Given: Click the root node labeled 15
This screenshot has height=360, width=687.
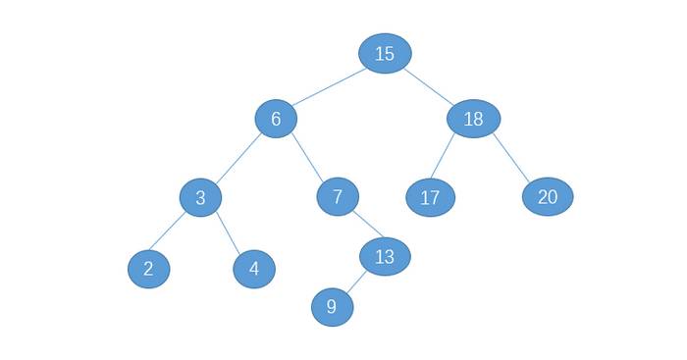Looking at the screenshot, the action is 385,53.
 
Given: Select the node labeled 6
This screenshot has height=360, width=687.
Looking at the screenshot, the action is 276,119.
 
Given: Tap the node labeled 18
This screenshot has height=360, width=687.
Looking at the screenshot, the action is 474,119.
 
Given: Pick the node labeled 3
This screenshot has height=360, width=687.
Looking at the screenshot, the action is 200,197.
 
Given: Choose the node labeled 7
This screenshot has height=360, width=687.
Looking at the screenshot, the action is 338,196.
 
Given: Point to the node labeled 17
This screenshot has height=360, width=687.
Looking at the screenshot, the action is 431,197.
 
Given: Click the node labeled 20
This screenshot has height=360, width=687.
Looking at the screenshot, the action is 548,196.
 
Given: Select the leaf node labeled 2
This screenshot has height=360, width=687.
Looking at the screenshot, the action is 149,269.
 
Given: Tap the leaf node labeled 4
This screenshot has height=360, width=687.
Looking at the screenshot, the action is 254,269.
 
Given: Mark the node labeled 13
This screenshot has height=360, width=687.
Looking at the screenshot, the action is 385,257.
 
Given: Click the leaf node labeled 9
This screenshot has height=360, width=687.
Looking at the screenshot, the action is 333,307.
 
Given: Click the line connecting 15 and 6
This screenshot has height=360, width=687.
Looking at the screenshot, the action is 329,87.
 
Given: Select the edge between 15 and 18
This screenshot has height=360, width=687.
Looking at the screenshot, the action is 429,86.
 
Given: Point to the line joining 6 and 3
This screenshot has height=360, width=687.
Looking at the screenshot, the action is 238,158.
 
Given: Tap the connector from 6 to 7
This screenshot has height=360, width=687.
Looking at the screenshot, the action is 307,157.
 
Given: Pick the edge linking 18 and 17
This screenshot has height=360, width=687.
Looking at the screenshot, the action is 443,156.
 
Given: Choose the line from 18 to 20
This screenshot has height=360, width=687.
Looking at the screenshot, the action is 511,157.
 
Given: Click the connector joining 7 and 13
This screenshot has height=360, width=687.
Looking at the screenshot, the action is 368,225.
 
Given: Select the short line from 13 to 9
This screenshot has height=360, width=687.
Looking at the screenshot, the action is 356,283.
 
